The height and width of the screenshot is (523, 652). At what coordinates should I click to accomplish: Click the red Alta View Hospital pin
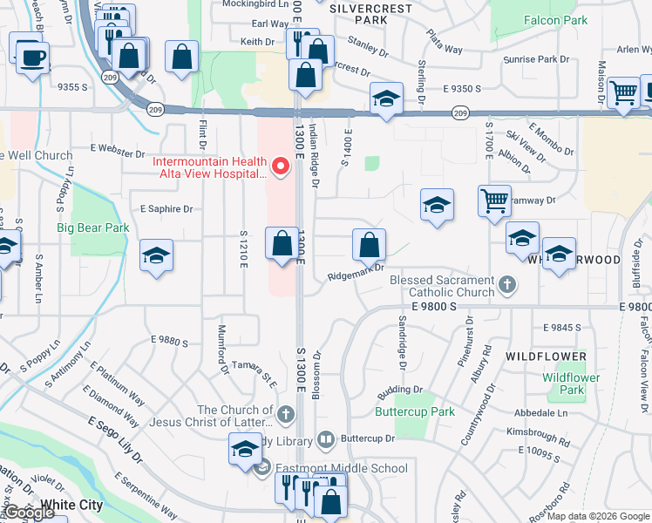coord(281,166)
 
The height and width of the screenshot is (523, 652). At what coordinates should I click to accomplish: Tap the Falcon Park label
coord(555,19)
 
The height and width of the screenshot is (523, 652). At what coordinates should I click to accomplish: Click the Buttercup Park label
coord(415,411)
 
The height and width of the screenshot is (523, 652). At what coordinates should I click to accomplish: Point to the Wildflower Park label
coord(571,384)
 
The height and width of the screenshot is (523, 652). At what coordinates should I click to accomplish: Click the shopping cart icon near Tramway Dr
coord(494,200)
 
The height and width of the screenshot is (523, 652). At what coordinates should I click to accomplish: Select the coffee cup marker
coord(33,58)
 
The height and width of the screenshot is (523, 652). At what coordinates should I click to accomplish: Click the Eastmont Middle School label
coord(342,468)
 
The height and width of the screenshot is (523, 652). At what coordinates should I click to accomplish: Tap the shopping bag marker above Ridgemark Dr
coord(369,245)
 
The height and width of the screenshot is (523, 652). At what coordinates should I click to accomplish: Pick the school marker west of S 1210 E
coord(157,255)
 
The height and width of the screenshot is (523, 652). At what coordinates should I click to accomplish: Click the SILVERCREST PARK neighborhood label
coord(371,11)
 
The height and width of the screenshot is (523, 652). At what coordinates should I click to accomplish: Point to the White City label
coord(71,505)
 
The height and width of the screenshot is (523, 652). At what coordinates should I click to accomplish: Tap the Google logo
coord(29,513)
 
